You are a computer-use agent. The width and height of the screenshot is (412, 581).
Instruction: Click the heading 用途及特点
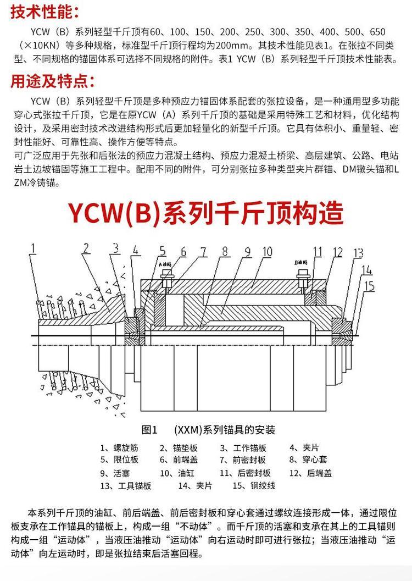coord(52,82)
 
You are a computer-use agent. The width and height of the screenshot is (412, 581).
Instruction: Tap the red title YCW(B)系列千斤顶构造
coord(205,213)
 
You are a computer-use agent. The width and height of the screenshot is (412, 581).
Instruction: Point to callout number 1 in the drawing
coord(34,250)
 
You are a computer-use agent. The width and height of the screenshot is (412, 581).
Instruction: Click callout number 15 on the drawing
coord(369,286)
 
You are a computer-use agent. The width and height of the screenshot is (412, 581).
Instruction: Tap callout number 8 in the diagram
coord(224,251)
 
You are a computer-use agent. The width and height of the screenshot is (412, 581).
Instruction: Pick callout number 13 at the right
coord(358,253)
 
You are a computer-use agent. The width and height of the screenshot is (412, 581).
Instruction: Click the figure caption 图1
coord(149,429)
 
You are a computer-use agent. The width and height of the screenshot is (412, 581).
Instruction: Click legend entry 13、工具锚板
coord(126,485)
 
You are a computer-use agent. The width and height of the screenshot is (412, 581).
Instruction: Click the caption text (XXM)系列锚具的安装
coord(224,429)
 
